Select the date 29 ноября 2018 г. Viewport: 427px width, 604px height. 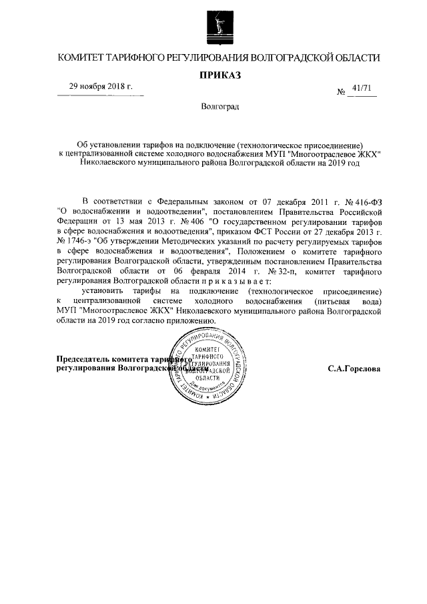101,87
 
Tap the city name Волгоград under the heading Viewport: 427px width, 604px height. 220,106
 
